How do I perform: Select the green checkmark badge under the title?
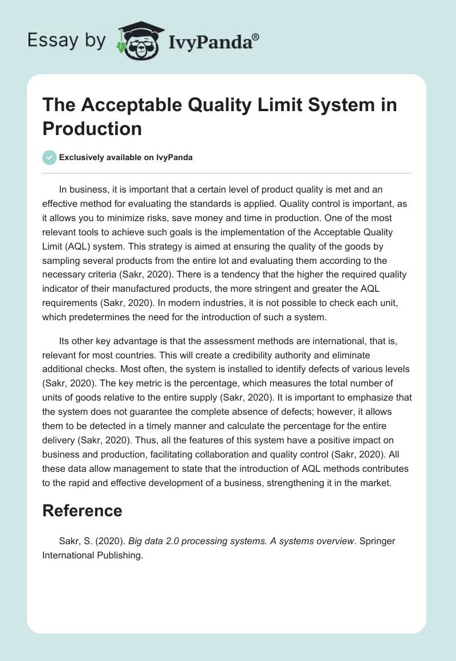50,157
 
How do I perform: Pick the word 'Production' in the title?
92,128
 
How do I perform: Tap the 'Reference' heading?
82,510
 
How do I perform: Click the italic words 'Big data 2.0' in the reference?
152,541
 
